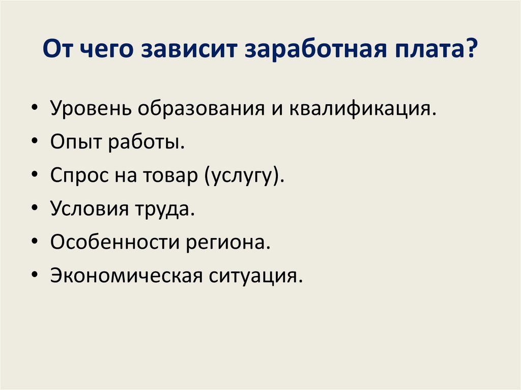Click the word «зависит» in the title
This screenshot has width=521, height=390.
pyautogui.click(x=188, y=52)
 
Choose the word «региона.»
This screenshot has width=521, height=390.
pyautogui.click(x=225, y=242)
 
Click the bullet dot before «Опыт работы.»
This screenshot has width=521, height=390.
pyautogui.click(x=34, y=143)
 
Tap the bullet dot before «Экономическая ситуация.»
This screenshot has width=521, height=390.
pyautogui.click(x=34, y=276)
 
